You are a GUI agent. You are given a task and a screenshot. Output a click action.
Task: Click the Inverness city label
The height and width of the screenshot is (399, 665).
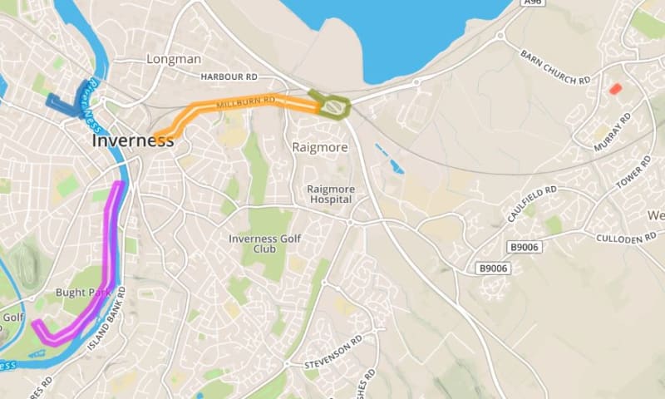click(x=133, y=140)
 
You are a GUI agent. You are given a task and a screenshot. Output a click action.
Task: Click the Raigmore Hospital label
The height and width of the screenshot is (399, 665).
click(x=331, y=195)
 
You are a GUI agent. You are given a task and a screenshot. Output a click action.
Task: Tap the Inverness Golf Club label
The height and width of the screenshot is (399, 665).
click(x=263, y=244)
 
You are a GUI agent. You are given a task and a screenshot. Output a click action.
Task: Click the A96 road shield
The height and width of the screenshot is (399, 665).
click(x=533, y=3)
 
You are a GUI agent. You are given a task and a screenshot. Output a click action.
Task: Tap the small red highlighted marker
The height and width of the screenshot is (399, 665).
click(x=615, y=88)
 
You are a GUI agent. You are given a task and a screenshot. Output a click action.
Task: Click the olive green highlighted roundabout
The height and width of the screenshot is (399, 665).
click(x=332, y=105)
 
